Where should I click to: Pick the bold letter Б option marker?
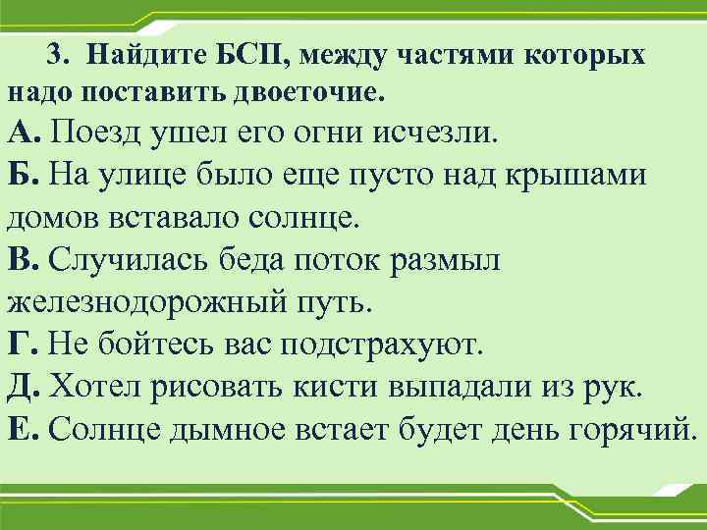[x=22, y=174]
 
